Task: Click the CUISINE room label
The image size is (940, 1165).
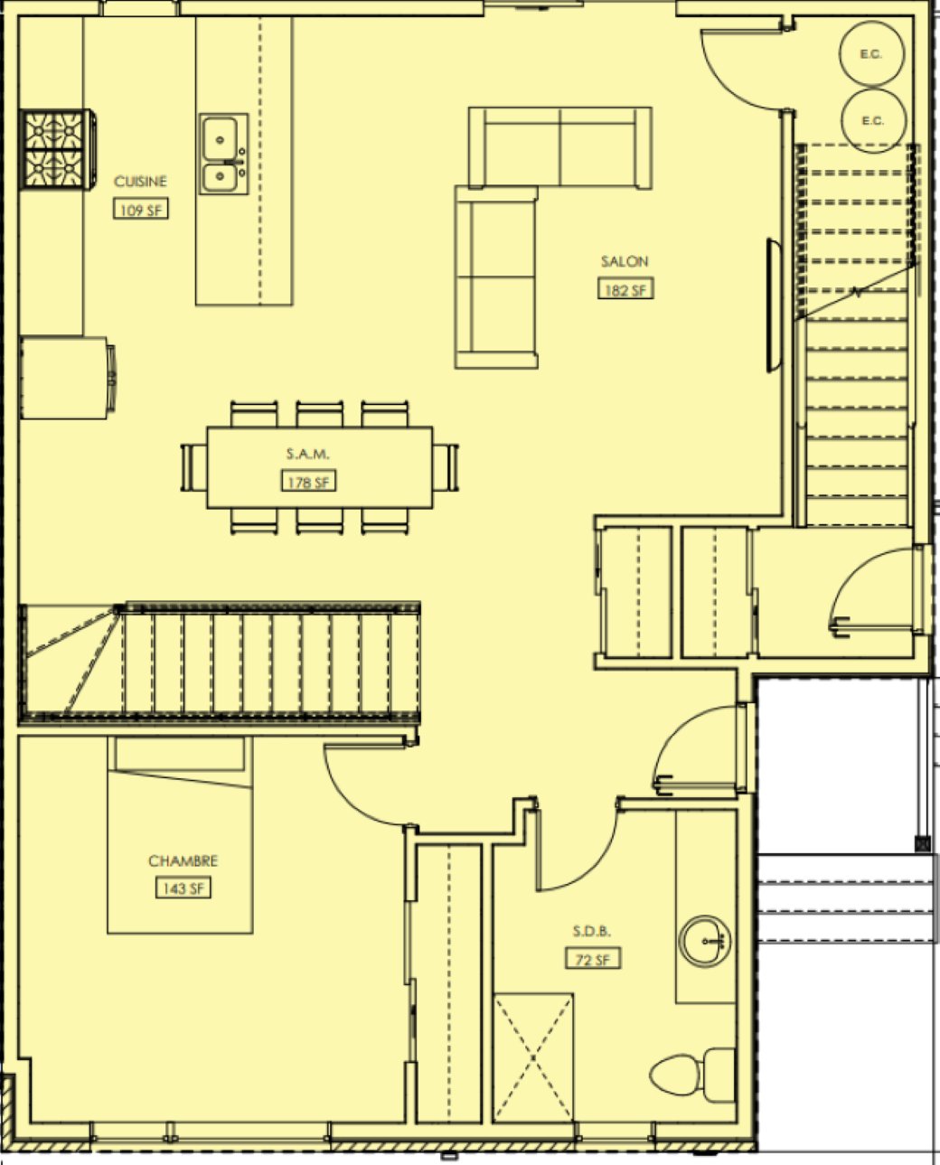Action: coord(140,182)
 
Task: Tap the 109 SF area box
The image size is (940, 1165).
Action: coord(141,209)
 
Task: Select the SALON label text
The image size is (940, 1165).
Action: coord(625,261)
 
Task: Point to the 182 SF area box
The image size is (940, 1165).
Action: coord(625,288)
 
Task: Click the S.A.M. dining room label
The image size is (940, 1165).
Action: coord(307,454)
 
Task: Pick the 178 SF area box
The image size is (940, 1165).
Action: coord(308,481)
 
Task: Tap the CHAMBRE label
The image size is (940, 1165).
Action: coord(183,860)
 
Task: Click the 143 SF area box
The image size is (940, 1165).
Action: coord(183,888)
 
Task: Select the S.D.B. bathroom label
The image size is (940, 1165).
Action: coord(592,931)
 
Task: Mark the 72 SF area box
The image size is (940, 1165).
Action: coord(593,958)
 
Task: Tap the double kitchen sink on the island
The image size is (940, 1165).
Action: coord(223,154)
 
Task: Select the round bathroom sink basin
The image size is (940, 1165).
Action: coord(705,941)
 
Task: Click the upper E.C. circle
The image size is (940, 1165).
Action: coord(872,53)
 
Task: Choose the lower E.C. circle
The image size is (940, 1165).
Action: coord(873,121)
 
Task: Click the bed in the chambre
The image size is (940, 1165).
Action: coord(180,835)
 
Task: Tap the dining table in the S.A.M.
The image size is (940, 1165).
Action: coord(319,468)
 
